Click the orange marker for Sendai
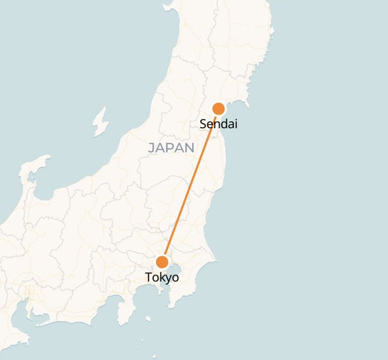coord(219,109)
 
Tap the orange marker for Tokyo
coord(163,262)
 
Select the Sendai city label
coord(219,125)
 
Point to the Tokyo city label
coord(162,278)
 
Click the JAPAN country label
coord(171,148)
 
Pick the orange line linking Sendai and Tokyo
coord(191,185)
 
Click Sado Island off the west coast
coord(99,122)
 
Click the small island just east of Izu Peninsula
coord(148,318)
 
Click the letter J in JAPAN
coord(151,148)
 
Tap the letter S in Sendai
coord(203,125)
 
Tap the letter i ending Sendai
coord(236,124)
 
